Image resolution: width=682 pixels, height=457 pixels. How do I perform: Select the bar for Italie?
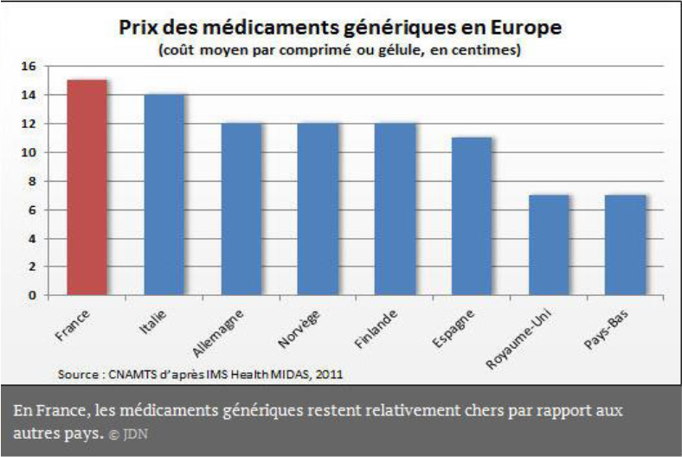(x=164, y=195)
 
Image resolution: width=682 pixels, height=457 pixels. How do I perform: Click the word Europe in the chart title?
(x=524, y=28)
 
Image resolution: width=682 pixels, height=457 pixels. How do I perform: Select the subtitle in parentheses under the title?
(x=340, y=50)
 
